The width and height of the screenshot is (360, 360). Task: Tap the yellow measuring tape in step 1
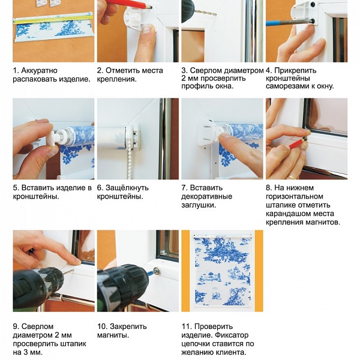(53, 19)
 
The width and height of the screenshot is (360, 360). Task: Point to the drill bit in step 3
(206, 12)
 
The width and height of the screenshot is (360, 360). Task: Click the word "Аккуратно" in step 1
(39, 70)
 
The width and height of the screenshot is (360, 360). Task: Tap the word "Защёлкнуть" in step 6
(127, 188)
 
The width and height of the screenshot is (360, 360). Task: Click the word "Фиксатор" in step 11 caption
(231, 335)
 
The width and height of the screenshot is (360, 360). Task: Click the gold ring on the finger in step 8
(292, 177)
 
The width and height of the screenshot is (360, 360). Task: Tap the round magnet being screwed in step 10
(157, 271)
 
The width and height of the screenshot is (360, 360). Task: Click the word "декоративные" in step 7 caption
(206, 197)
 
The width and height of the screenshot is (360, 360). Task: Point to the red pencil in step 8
(298, 143)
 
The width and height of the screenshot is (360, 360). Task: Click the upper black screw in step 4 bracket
(313, 4)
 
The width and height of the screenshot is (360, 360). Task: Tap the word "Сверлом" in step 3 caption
(205, 70)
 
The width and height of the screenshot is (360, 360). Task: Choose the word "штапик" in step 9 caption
(73, 344)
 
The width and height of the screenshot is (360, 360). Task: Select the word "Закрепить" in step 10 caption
(128, 326)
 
